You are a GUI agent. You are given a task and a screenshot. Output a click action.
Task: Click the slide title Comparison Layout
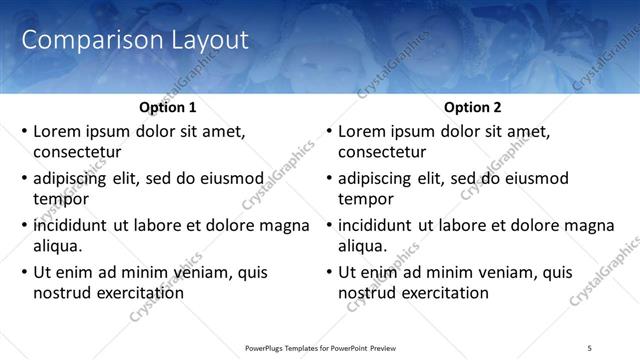click(x=135, y=41)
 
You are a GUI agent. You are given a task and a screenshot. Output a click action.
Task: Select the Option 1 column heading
click(x=166, y=107)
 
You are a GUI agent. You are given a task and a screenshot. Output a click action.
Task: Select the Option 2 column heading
click(x=472, y=107)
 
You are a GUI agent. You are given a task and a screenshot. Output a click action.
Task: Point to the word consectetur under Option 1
click(x=77, y=153)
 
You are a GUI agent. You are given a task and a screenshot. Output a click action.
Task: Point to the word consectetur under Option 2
click(x=382, y=153)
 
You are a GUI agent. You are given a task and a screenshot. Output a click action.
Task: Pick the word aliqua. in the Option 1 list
click(x=58, y=246)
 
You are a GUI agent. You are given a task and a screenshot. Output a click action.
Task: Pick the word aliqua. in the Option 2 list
click(x=363, y=246)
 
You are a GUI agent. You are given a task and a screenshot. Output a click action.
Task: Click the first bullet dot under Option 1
click(x=24, y=131)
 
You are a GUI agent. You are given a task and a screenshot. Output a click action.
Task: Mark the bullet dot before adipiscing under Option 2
click(x=329, y=178)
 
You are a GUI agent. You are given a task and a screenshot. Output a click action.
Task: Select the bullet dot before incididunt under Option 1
click(x=24, y=225)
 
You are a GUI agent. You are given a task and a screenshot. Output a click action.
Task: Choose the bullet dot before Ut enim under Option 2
click(x=329, y=272)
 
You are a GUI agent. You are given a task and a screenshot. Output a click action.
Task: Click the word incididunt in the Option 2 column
click(x=376, y=225)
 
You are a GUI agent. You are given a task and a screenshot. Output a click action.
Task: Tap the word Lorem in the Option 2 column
click(x=361, y=131)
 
